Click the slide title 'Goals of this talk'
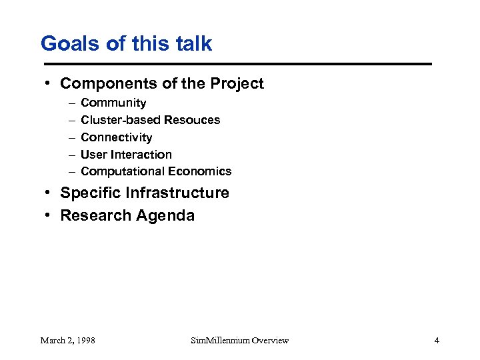pyautogui.click(x=126, y=44)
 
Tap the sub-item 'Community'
pyautogui.click(x=113, y=103)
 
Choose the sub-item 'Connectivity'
pyautogui.click(x=116, y=137)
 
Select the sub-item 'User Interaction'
pyautogui.click(x=126, y=155)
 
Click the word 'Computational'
pyautogui.click(x=123, y=171)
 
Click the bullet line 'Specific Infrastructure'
pyautogui.click(x=144, y=193)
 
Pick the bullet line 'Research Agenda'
pyautogui.click(x=127, y=216)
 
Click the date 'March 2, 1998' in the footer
pyautogui.click(x=67, y=341)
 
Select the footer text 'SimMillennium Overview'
pyautogui.click(x=239, y=341)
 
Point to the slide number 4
pyautogui.click(x=437, y=341)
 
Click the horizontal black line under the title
pyautogui.click(x=236, y=64)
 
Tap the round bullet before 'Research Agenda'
pyautogui.click(x=49, y=216)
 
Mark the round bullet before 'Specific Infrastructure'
pyautogui.click(x=49, y=193)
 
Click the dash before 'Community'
pyautogui.click(x=71, y=103)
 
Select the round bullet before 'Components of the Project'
pyautogui.click(x=49, y=84)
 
